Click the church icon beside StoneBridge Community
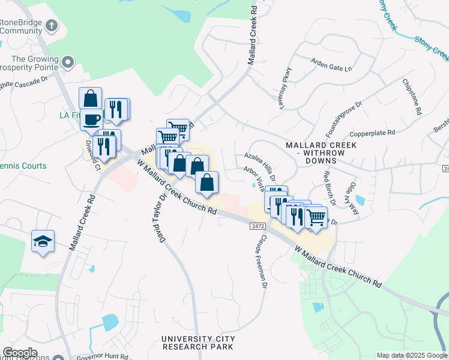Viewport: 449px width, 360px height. [x=52, y=26]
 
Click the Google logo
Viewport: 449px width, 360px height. [x=20, y=353]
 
